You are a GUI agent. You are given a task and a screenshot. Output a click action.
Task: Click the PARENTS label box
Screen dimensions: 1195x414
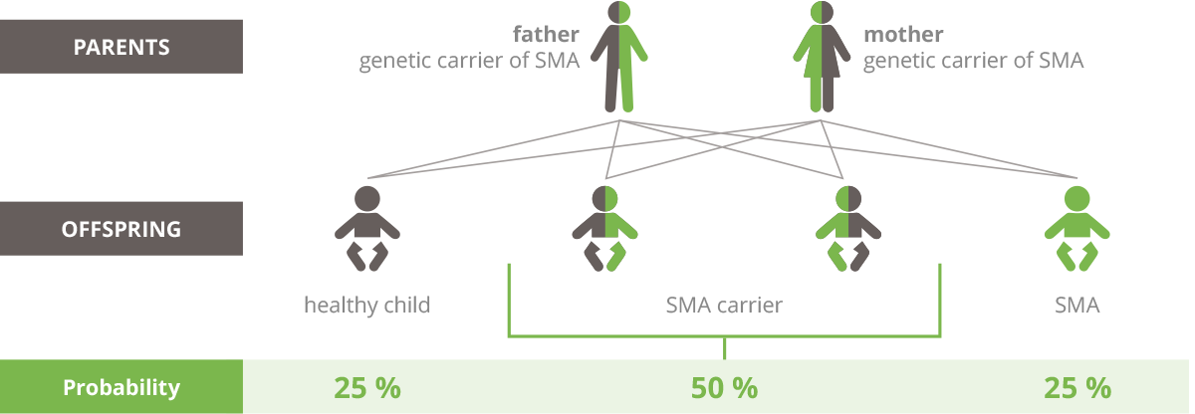(x=121, y=47)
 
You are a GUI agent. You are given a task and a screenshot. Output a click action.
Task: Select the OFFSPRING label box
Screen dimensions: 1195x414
(x=121, y=229)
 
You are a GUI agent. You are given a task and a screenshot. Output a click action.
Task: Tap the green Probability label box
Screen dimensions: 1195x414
(x=121, y=387)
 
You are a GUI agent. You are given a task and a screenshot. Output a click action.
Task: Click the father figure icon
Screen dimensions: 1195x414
(x=618, y=57)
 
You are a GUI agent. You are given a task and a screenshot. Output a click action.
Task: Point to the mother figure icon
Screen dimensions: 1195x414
(x=822, y=57)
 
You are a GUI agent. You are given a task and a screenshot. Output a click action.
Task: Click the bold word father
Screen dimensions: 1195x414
(x=546, y=34)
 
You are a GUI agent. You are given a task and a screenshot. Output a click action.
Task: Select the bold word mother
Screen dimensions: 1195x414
(x=903, y=34)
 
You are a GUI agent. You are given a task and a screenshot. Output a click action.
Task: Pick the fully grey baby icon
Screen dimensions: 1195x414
(x=367, y=229)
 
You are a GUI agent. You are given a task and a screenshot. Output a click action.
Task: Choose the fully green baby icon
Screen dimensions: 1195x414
(x=1076, y=229)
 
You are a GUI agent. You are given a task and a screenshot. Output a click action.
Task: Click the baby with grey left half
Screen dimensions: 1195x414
(x=605, y=229)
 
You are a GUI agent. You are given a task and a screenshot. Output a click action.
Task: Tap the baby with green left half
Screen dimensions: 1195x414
(x=848, y=229)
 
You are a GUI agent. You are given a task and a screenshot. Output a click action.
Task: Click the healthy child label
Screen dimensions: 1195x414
(x=367, y=305)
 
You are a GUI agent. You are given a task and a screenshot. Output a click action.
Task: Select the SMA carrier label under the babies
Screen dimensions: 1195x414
(x=724, y=305)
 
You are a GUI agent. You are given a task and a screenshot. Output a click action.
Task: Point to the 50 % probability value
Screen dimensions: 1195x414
(x=724, y=387)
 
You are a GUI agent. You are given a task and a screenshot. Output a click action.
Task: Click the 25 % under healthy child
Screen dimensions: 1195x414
(x=367, y=387)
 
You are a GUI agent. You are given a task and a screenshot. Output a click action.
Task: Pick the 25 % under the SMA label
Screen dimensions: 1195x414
(x=1077, y=387)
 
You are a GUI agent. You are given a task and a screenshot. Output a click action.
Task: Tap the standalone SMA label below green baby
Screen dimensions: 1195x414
(x=1077, y=306)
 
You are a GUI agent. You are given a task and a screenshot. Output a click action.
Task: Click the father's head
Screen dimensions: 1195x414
(x=618, y=12)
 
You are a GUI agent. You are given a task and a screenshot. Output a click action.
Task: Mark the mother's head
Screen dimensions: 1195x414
(x=822, y=12)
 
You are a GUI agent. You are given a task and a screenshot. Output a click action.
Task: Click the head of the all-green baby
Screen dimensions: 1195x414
(x=1076, y=199)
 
